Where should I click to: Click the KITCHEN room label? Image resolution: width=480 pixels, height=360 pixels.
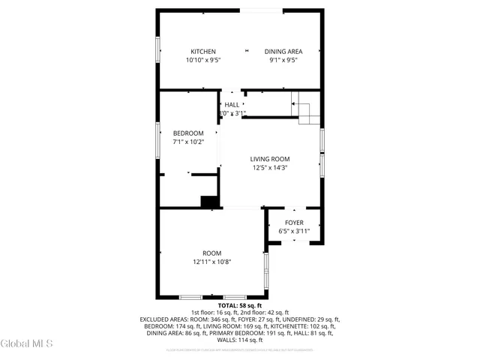202,52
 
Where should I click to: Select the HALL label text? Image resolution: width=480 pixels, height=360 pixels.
232,104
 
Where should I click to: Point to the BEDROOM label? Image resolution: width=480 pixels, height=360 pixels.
187,133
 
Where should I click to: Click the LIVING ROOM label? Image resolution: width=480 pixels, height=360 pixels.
270,159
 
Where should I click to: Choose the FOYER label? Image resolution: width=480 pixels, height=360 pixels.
294,223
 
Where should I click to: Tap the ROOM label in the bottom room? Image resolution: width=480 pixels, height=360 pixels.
212,253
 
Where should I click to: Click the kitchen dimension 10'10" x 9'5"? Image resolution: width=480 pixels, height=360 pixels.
202,60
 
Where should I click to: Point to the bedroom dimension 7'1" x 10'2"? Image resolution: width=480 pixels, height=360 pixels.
187,142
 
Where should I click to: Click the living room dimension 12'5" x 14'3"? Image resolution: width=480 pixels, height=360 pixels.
270,168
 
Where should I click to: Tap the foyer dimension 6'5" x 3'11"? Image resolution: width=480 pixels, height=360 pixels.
294,232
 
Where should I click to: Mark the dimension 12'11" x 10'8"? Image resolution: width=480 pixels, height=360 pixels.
212,262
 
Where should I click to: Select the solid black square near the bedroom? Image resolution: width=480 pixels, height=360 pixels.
209,201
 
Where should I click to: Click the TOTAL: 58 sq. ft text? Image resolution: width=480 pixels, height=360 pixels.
240,306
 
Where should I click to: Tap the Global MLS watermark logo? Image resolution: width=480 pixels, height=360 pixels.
27,343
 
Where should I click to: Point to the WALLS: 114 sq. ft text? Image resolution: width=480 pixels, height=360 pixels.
240,340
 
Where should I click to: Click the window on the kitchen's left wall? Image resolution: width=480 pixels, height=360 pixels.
158,49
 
